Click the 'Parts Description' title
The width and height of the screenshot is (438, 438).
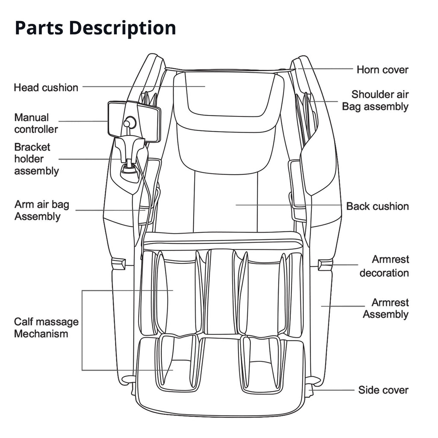[95, 28]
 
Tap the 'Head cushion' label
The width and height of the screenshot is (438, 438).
[46, 88]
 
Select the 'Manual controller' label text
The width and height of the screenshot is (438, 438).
[36, 123]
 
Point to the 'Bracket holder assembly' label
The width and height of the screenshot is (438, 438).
[36, 159]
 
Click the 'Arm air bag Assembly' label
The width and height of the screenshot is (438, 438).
[41, 210]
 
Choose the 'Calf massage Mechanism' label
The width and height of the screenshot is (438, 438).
[46, 328]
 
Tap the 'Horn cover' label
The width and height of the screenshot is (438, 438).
[382, 70]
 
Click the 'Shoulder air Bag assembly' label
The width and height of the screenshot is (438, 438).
[376, 101]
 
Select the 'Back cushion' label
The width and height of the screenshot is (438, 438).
[377, 207]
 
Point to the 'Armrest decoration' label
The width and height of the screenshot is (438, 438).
[384, 266]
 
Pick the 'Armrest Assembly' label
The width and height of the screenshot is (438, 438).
[386, 309]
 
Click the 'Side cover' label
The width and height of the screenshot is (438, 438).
[383, 390]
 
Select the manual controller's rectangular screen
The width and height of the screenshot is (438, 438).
[134, 121]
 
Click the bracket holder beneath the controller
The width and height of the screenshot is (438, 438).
[129, 154]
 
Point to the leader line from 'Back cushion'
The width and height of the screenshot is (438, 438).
[291, 205]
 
